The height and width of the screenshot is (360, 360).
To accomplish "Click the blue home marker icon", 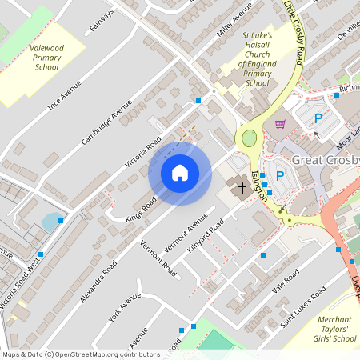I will tap(180, 173).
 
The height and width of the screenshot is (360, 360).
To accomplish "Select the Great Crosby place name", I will tap(326, 160).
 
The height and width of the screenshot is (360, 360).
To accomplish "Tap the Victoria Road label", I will tap(144, 151).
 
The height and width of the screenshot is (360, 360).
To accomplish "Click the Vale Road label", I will tap(286, 282).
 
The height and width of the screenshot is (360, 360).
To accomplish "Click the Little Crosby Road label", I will tap(295, 32).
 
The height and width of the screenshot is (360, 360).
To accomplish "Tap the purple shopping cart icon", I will tap(280, 124).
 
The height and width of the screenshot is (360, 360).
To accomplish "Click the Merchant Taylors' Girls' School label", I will tap(332, 328).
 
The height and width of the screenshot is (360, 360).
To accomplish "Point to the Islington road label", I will tap(259, 186).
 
